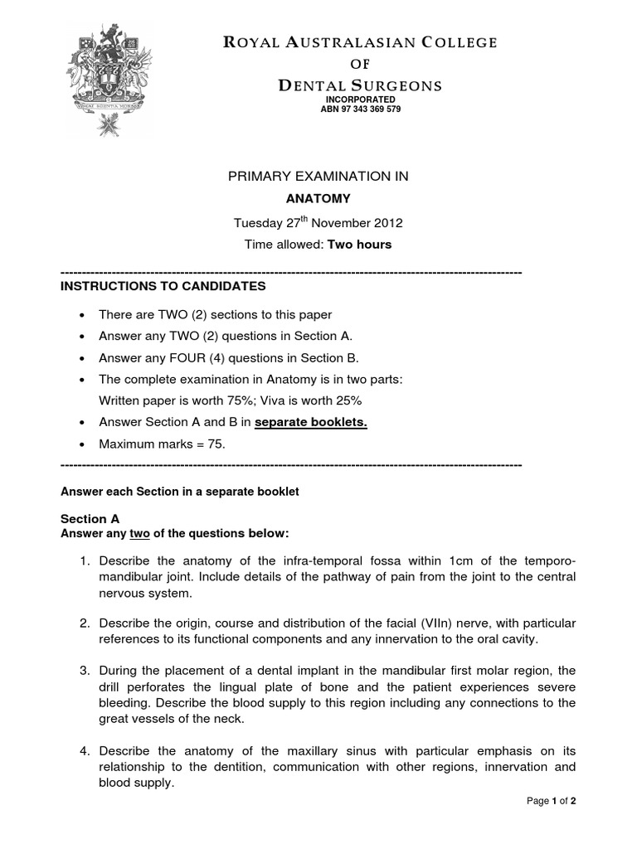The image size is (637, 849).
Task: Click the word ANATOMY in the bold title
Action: pos(318,199)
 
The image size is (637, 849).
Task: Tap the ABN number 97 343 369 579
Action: pos(360,109)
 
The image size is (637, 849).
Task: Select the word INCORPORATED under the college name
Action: pos(360,99)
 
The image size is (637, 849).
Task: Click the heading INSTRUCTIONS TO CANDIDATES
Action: pos(163,286)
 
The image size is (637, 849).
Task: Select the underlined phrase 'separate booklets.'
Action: pos(310,422)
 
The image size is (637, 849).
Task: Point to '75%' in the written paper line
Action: pos(227,400)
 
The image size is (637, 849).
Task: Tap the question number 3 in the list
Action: pos(84,670)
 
